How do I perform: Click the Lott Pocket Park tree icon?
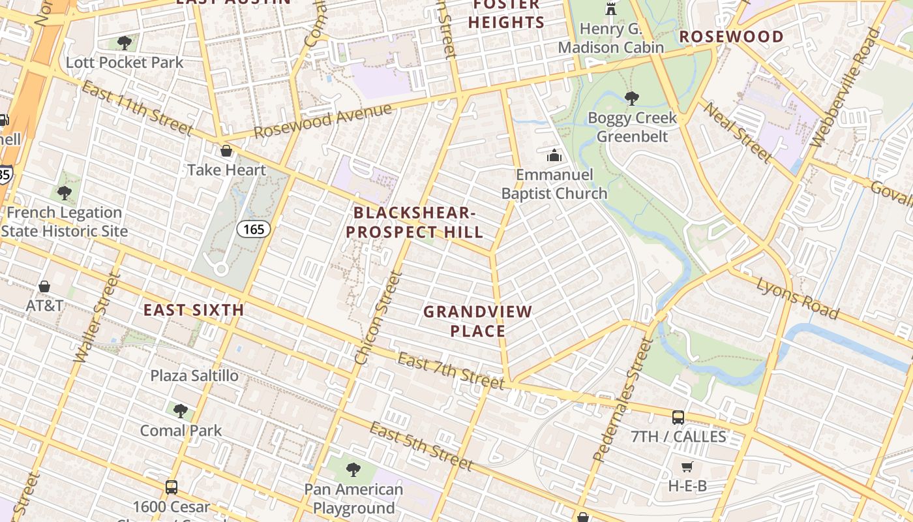[x=124, y=44]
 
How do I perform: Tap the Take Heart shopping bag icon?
[x=226, y=151]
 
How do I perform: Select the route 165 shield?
[x=253, y=229]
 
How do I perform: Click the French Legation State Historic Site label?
[x=64, y=222]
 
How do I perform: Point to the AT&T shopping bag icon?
[x=44, y=286]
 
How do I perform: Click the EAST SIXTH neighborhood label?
[x=194, y=311]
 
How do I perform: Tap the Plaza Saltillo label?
[x=194, y=376]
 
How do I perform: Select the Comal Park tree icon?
[x=181, y=411]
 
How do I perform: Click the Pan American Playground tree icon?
[x=353, y=469]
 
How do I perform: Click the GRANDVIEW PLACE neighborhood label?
[x=478, y=321]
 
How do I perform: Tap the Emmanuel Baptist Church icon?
[x=554, y=155]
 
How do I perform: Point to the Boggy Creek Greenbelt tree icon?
[x=631, y=99]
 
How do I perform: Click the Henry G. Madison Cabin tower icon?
[x=611, y=9]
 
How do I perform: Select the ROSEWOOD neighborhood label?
[x=732, y=37]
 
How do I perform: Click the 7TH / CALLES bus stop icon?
[x=678, y=417]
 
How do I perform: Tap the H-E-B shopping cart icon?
[x=687, y=467]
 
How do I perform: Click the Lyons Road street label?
[x=798, y=298]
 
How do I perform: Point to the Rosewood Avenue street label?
[x=323, y=121]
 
